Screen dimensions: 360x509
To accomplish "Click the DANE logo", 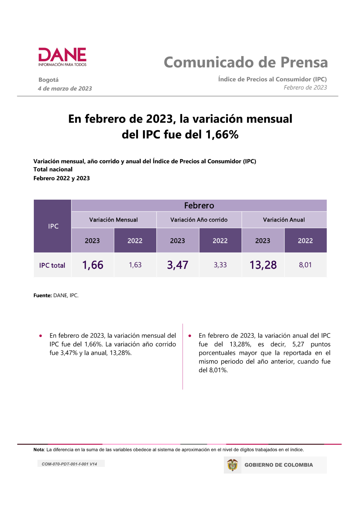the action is tap(62, 57).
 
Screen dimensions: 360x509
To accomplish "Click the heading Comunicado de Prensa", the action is tap(246, 62).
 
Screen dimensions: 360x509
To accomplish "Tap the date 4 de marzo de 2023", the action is tap(65, 88).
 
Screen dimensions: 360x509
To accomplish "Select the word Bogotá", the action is tap(49, 80).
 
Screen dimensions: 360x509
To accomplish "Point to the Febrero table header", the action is tap(199, 205).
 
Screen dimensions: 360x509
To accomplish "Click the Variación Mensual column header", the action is tap(113, 220).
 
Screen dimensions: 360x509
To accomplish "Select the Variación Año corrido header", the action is tap(199, 220).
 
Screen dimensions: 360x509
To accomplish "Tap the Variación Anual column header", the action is tap(284, 220).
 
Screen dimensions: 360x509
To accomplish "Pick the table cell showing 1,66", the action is tap(93, 265).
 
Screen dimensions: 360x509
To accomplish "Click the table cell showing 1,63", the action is tap(135, 265).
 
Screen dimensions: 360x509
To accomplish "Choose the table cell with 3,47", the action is tap(177, 265).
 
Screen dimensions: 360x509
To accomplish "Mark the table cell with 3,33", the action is tap(220, 265).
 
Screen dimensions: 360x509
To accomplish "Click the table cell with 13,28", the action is tap(263, 265).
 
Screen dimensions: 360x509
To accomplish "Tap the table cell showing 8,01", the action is tap(305, 265).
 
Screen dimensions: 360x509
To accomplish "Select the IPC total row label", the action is tap(52, 265).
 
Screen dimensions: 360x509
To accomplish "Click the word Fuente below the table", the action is tap(42, 295).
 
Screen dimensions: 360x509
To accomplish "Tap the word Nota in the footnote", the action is tap(39, 450).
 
